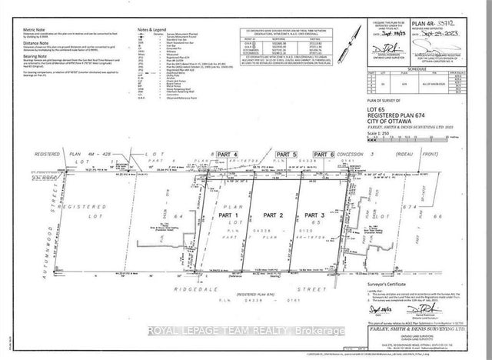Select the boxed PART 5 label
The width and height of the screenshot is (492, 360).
pos(288,155)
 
